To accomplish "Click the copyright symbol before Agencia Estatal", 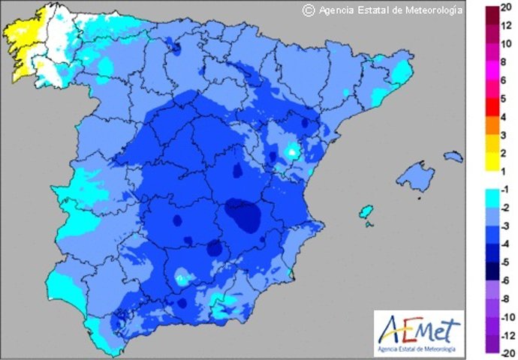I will [308, 10].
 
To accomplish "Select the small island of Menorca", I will [453, 157].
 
